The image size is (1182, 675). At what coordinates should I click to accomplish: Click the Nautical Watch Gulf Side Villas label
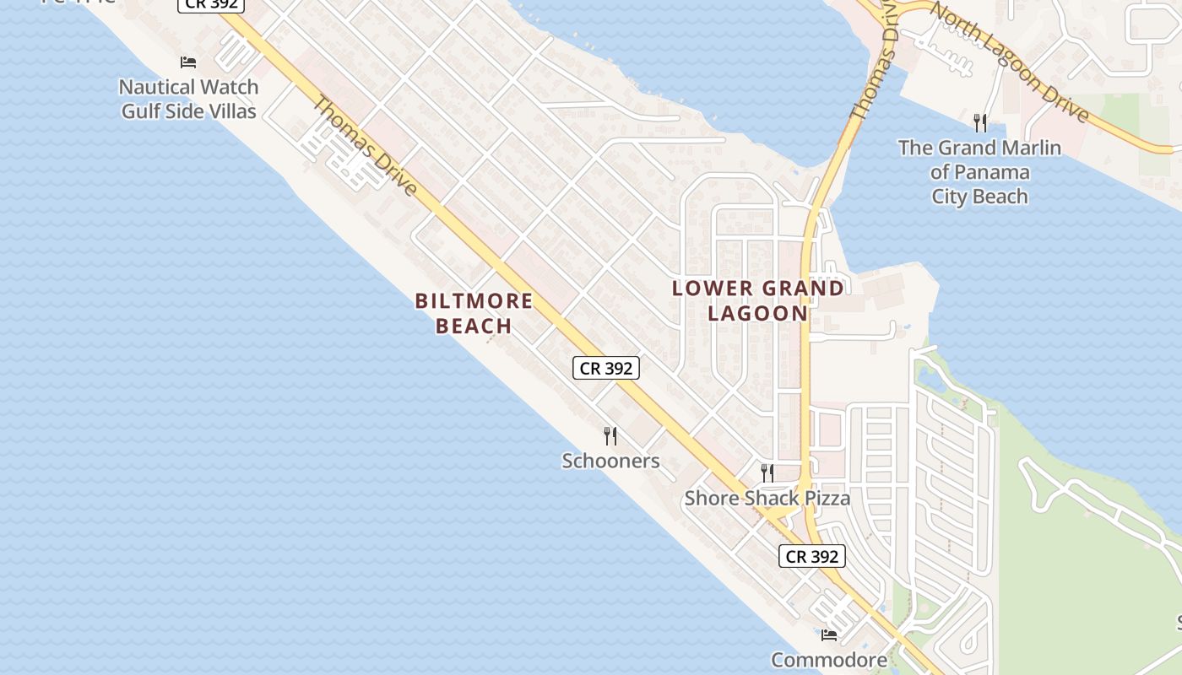(189, 99)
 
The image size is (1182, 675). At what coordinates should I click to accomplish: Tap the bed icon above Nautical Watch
(188, 62)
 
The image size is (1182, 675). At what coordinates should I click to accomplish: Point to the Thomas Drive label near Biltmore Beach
(366, 145)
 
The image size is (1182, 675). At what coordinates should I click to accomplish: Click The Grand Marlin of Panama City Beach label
(979, 172)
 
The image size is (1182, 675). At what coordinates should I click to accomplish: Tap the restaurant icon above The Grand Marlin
(979, 123)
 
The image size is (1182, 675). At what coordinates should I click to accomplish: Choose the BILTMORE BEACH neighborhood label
(474, 313)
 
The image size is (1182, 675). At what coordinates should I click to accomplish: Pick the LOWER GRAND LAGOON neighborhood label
(757, 300)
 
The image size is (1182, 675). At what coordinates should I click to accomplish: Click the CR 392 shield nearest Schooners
(606, 368)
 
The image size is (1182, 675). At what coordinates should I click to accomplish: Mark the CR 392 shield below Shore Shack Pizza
(811, 556)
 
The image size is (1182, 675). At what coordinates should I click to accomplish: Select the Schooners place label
(610, 461)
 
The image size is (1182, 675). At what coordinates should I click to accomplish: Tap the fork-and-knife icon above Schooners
(610, 436)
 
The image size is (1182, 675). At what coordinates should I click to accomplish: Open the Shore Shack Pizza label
(767, 498)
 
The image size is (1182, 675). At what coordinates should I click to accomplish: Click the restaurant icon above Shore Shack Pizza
(767, 472)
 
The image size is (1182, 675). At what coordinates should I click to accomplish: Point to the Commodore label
(828, 660)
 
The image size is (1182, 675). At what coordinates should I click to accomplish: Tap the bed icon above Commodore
(829, 634)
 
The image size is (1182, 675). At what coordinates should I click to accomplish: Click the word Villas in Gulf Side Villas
(226, 111)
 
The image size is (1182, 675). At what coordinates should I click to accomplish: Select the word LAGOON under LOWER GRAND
(757, 313)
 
